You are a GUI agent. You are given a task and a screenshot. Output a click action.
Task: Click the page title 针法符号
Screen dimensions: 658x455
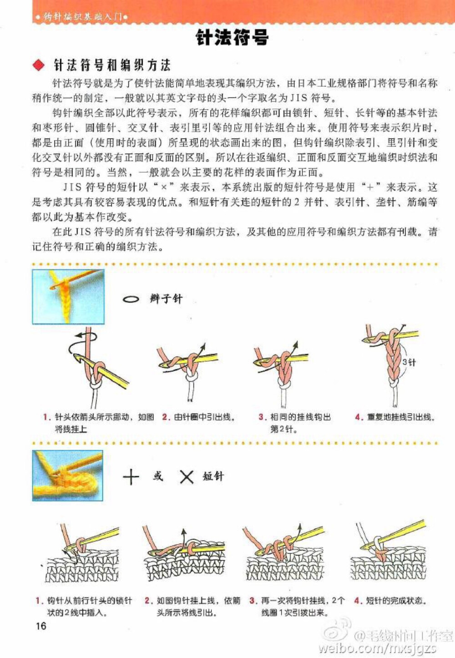(x=232, y=38)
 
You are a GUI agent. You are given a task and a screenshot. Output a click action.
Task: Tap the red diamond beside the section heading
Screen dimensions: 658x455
(x=39, y=66)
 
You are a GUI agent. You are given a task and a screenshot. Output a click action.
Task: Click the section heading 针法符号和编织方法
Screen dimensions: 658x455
(x=112, y=66)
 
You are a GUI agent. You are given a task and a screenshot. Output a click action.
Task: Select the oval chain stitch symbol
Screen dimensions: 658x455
(x=131, y=299)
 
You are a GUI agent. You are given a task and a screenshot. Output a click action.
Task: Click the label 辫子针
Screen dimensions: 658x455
(x=166, y=299)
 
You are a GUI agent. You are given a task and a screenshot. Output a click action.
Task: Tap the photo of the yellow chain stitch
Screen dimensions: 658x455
(x=68, y=297)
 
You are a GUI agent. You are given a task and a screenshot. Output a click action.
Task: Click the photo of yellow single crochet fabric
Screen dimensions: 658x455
(x=68, y=476)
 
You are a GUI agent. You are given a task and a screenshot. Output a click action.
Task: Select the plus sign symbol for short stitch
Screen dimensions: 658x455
(x=131, y=477)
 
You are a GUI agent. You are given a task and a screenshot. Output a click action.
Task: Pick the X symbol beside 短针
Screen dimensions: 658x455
(x=187, y=477)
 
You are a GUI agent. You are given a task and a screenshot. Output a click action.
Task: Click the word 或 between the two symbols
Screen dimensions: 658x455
(x=158, y=476)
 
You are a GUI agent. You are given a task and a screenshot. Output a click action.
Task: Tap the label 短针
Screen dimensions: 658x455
(x=213, y=476)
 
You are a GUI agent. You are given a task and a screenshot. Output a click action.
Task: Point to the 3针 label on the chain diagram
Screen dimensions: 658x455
(x=409, y=362)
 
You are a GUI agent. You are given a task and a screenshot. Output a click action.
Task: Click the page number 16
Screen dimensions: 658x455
(x=41, y=626)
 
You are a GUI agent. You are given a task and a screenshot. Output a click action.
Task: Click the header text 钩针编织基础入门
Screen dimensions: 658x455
(x=82, y=17)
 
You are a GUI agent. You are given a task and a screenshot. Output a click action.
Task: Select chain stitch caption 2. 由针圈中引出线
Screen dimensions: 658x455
(x=199, y=417)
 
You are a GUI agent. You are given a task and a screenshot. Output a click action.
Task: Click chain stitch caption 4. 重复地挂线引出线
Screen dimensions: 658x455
(x=395, y=417)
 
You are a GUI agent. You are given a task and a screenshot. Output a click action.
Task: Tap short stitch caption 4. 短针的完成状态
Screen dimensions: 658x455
(x=390, y=601)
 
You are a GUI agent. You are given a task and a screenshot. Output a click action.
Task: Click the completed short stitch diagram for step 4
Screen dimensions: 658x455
(x=388, y=553)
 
